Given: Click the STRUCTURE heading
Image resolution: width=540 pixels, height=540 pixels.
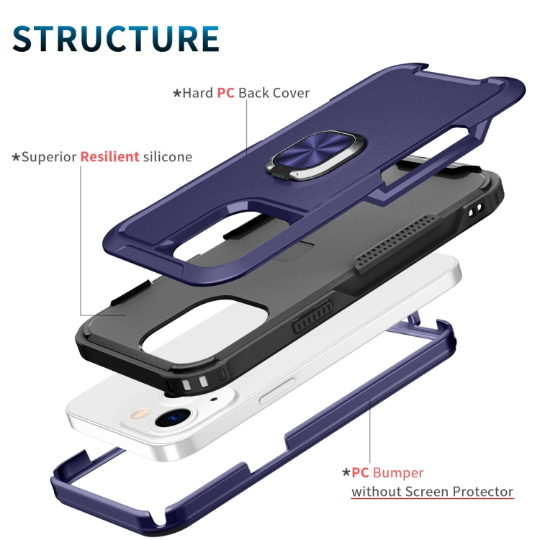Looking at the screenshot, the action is click(x=116, y=39).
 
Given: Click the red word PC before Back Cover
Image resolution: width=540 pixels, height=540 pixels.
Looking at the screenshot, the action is click(x=225, y=93).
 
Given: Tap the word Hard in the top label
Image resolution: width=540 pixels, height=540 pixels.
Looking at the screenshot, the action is click(x=198, y=93).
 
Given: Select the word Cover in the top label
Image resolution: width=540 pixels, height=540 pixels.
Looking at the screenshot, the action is click(x=292, y=93).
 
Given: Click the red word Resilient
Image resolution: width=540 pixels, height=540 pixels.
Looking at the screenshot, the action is click(x=110, y=157).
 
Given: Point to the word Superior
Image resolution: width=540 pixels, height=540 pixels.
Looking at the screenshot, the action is click(x=49, y=158).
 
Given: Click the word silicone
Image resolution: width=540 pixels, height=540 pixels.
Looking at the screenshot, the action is click(x=168, y=157).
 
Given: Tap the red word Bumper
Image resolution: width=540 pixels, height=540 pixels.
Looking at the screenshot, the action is click(x=398, y=473).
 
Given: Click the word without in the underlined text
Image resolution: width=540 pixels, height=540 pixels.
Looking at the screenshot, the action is click(x=376, y=492).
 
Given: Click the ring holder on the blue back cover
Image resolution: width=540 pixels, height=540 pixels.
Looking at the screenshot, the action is click(x=316, y=155).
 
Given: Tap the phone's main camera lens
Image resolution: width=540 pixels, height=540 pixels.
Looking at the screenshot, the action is click(x=173, y=418).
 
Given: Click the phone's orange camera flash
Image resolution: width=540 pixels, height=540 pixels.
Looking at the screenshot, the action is click(x=140, y=413).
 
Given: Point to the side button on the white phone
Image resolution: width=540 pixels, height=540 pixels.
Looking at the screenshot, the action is click(x=276, y=391).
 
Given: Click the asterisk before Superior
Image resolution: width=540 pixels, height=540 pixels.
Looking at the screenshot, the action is click(x=16, y=158).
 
